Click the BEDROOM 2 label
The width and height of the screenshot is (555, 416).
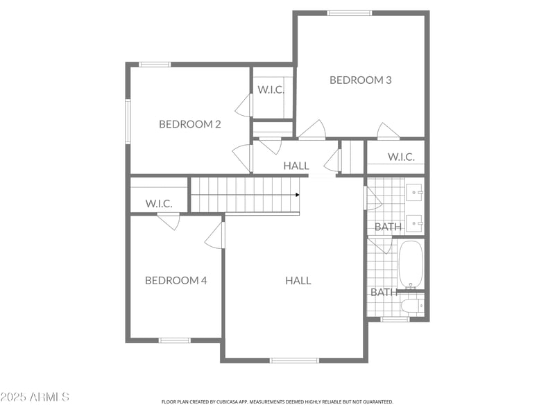189,124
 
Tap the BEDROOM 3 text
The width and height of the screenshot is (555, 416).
360,80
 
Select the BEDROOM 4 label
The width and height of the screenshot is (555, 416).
176,280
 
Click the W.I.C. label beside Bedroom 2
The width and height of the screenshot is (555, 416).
271,89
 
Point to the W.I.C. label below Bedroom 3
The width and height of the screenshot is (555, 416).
401,157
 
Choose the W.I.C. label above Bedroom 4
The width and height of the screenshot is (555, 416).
158,203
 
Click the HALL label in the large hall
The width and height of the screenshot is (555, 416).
298,280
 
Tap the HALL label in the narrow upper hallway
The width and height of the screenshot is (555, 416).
296,166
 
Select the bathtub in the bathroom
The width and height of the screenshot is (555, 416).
411,264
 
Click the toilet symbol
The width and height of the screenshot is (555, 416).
412,304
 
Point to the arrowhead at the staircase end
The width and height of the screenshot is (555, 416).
298,195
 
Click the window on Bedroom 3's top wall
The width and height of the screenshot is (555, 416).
349,12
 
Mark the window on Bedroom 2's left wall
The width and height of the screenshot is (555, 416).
128,121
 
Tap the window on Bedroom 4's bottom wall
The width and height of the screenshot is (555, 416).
174,340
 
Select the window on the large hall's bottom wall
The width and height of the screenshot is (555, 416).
294,360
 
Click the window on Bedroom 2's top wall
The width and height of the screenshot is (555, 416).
155,64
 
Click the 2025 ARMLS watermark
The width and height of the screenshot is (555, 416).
35,397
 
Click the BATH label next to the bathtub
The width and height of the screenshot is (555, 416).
384,292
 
